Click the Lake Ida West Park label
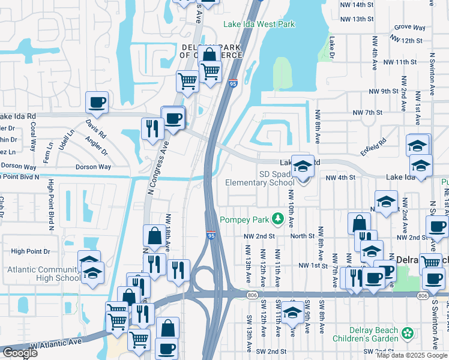click(x=259, y=24)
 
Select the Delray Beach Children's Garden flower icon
click(x=408, y=332)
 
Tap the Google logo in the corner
click(x=19, y=353)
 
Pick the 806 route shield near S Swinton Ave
click(x=423, y=296)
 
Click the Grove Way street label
click(x=410, y=28)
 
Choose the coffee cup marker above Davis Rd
click(x=97, y=102)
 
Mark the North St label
click(x=303, y=236)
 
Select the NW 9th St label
click(x=384, y=91)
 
